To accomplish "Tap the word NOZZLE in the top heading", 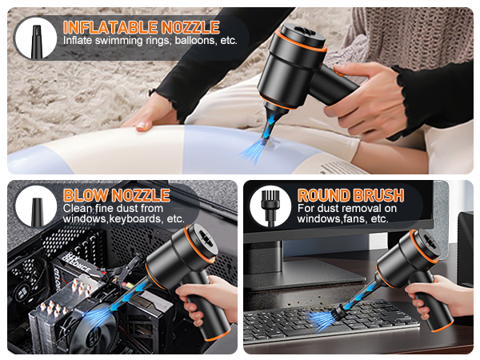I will coord(190,26).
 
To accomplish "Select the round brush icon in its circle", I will coord(270,206).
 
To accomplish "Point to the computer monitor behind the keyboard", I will coord(336,248).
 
